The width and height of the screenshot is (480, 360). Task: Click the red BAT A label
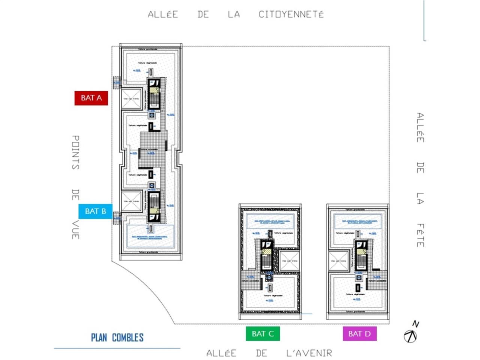pyautogui.click(x=91, y=98)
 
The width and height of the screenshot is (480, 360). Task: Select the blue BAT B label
pyautogui.click(x=95, y=211)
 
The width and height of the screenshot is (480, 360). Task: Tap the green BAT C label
pyautogui.click(x=262, y=333)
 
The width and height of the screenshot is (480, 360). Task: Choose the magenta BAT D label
pyautogui.click(x=359, y=333)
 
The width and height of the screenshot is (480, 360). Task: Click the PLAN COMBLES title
pyautogui.click(x=117, y=337)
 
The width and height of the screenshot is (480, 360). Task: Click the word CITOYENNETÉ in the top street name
pyautogui.click(x=291, y=15)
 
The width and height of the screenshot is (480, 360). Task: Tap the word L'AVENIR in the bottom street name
pyautogui.click(x=309, y=353)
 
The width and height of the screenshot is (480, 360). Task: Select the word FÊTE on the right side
pyautogui.click(x=420, y=235)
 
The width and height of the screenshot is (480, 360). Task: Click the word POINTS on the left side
pyautogui.click(x=75, y=152)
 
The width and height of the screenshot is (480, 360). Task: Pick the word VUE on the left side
pyautogui.click(x=75, y=230)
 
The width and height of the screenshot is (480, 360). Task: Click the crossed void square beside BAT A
pyautogui.click(x=131, y=99)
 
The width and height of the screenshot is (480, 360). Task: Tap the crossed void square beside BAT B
pyautogui.click(x=131, y=202)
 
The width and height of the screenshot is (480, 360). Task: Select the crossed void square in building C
pyautogui.click(x=289, y=260)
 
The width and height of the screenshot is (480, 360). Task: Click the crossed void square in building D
pyautogui.click(x=339, y=261)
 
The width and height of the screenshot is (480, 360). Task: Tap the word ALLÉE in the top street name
pyautogui.click(x=163, y=15)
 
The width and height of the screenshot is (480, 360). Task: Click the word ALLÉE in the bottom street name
pyautogui.click(x=221, y=353)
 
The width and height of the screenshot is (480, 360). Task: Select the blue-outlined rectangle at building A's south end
pyautogui.click(x=150, y=236)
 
